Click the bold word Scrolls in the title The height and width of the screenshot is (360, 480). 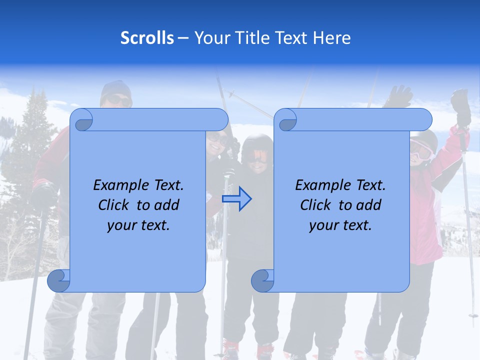[x=147, y=38]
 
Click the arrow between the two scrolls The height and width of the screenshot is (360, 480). [x=236, y=199]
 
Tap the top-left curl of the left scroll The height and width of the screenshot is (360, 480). [x=82, y=120]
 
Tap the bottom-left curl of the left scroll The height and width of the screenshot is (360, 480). [x=58, y=281]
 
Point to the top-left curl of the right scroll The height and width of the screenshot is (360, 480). [x=286, y=120]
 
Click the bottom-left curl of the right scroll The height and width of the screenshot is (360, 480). [x=262, y=281]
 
